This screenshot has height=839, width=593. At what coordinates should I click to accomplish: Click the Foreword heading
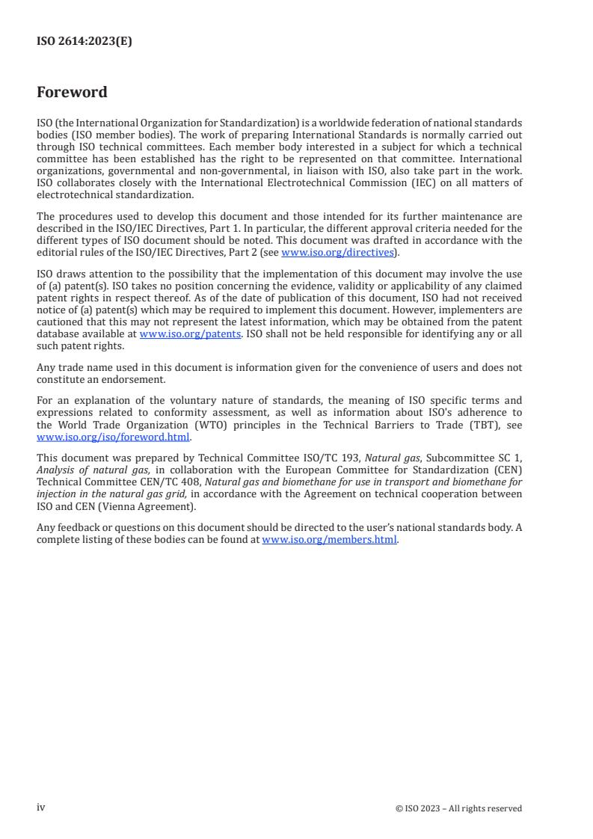72,93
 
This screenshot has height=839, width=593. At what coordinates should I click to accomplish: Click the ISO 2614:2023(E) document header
84,42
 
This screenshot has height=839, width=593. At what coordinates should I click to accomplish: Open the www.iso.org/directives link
337,252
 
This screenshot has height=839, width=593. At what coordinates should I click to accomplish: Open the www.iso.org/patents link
190,334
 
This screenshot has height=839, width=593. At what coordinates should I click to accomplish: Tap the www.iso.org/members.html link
329,539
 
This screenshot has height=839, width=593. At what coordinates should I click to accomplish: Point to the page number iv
41,808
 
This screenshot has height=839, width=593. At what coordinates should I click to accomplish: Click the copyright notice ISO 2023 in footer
458,808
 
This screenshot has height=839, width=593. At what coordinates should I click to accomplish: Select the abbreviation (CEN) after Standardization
507,470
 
